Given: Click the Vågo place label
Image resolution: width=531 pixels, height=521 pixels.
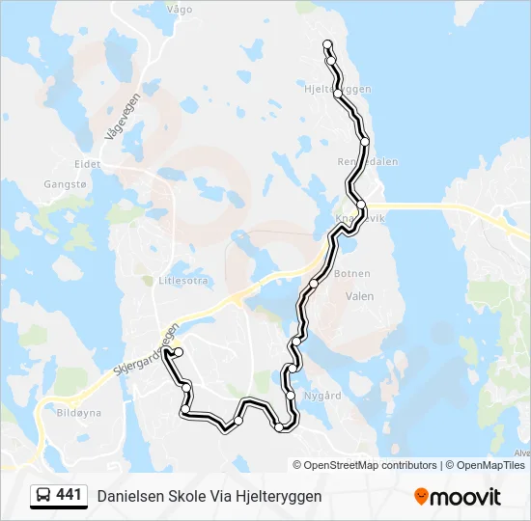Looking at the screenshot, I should click(x=180, y=10).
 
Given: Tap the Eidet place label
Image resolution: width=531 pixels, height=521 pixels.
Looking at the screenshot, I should click(x=88, y=165).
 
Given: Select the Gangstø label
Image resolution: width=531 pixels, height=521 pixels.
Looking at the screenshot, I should click(x=65, y=183).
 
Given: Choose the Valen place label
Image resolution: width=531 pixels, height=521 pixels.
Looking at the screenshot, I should click(x=359, y=297).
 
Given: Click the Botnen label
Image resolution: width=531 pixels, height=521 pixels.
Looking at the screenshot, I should click(x=351, y=274).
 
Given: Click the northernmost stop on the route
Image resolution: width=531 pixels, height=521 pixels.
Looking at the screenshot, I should click(x=328, y=44).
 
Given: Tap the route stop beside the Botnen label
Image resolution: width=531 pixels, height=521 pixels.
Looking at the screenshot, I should click(x=314, y=283).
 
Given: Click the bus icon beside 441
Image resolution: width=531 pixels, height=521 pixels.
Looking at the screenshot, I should click(x=43, y=496).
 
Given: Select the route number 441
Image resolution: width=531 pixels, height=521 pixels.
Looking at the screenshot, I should click(x=69, y=495).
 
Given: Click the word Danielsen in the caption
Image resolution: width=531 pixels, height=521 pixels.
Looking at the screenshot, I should click(x=128, y=496).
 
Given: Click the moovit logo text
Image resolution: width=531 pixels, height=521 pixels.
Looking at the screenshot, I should click(x=465, y=497).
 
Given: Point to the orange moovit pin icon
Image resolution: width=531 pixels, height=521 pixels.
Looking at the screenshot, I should click(x=421, y=497).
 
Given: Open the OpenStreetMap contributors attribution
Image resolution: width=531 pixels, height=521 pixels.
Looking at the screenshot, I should click(x=371, y=465).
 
